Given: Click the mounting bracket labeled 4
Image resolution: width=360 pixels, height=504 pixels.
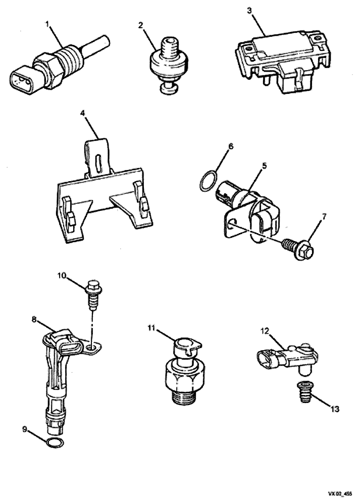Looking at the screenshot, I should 104,196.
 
